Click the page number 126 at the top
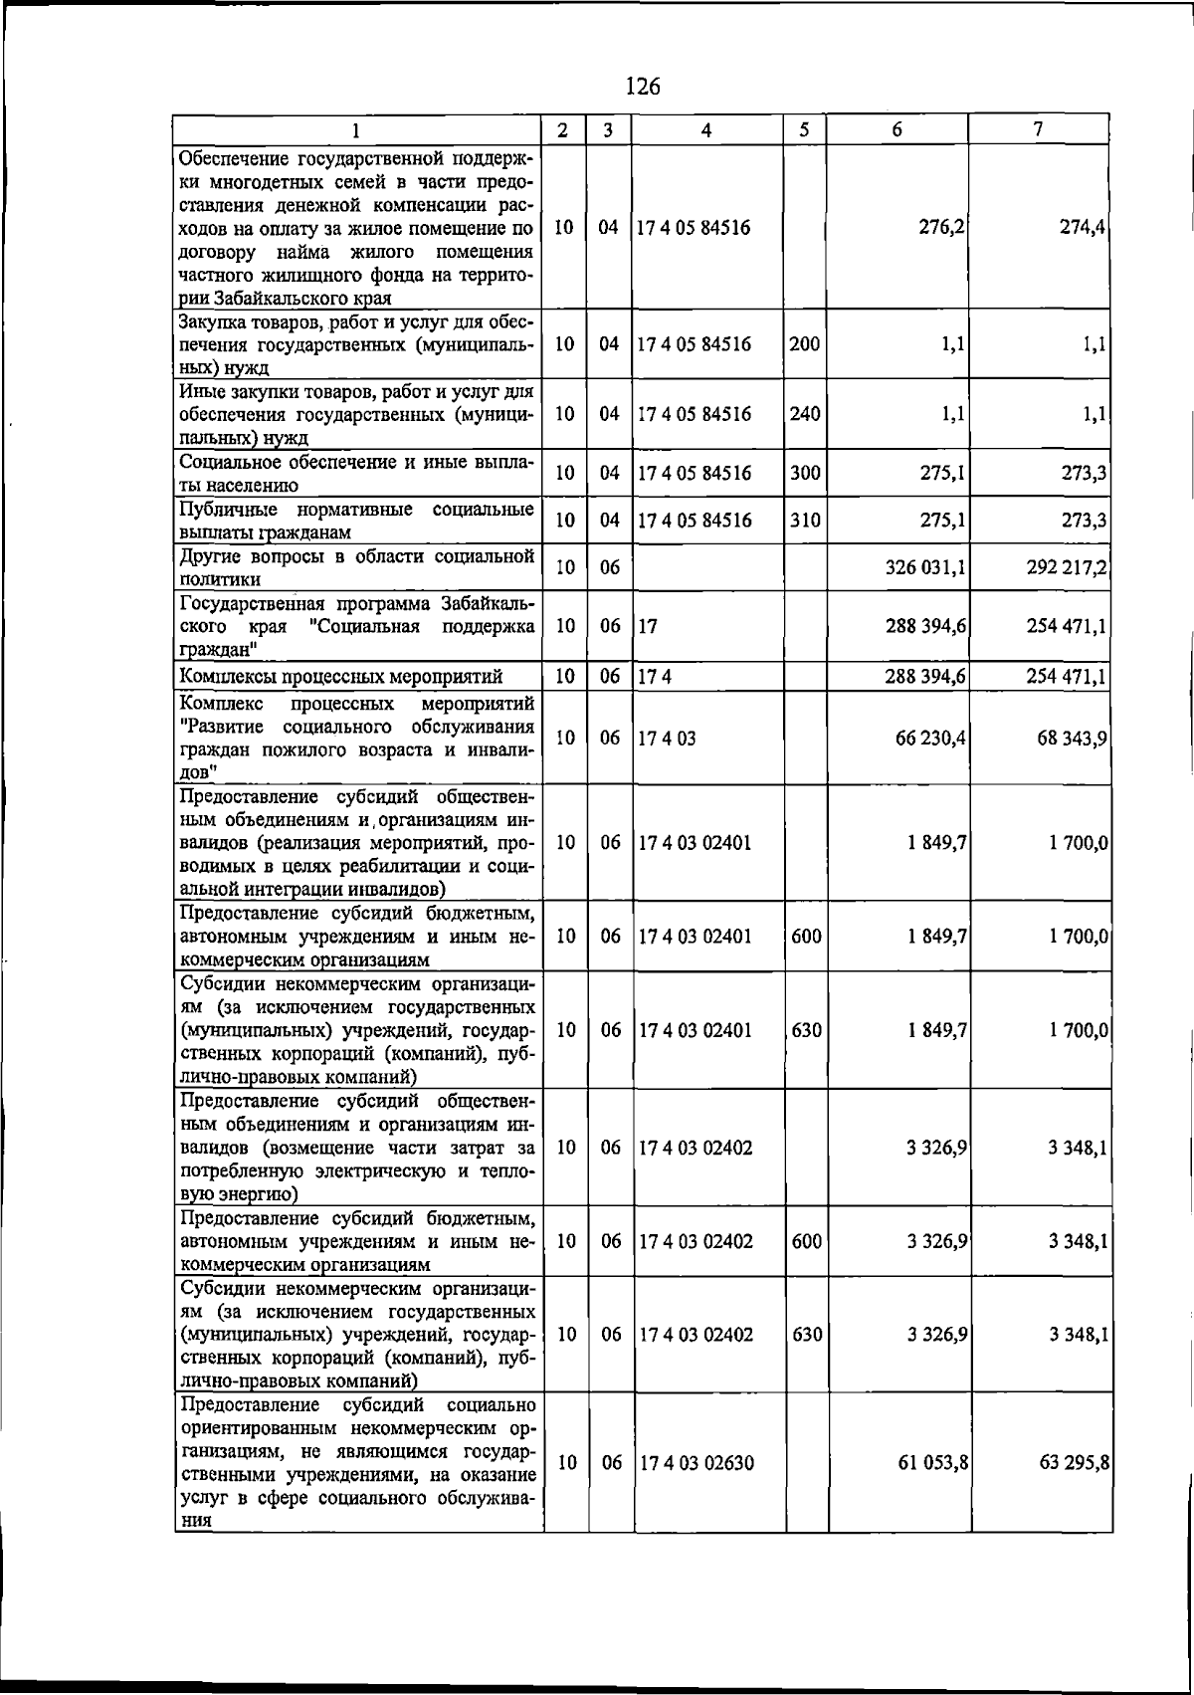coord(643,87)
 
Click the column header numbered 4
coord(705,129)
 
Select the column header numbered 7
coord(1039,129)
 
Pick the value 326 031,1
coord(925,567)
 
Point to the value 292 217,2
coord(1068,567)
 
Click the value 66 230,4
coord(930,739)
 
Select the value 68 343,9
coord(1072,739)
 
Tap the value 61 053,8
coord(933,1463)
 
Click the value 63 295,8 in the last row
coord(1075,1463)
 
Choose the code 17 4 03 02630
coord(696,1463)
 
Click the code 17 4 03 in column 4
coord(668,739)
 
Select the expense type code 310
coord(805,521)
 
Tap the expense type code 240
coord(805,414)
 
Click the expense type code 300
coord(805,474)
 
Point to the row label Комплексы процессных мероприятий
coord(341,678)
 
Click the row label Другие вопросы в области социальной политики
coord(356,567)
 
